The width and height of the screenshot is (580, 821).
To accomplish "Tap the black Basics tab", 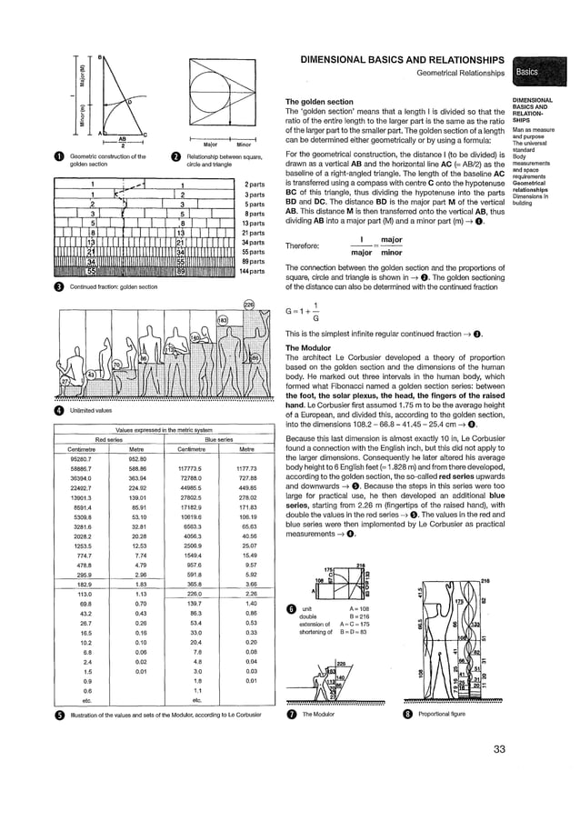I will pyautogui.click(x=530, y=73).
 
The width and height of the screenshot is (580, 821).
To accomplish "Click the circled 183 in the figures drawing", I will pyautogui.click(x=220, y=320).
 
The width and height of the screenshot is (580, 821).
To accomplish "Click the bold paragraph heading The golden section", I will pyautogui.click(x=320, y=101).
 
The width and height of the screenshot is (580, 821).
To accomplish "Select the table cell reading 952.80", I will pyautogui.click(x=137, y=458).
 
